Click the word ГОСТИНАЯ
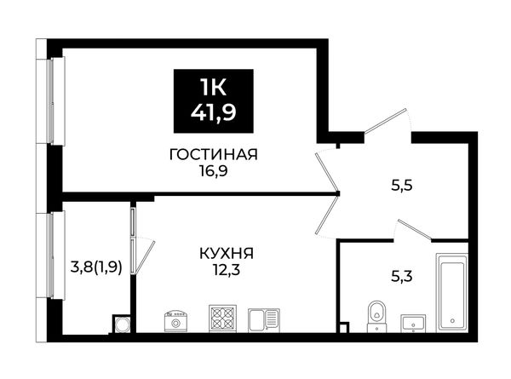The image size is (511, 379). (214, 154)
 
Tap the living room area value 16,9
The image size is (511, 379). (214, 170)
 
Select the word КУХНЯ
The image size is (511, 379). (227, 253)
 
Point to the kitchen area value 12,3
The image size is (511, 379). (227, 270)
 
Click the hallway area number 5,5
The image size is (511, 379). (402, 185)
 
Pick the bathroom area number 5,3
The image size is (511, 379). (402, 277)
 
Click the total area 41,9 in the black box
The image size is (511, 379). (214, 113)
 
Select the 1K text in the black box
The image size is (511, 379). (214, 88)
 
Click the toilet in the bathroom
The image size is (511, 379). (376, 316)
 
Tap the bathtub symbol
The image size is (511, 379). (452, 293)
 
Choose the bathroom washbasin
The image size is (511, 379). (413, 324)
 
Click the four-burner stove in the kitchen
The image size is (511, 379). (222, 319)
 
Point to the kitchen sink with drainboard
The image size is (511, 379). (264, 320)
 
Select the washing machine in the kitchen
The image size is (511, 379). (176, 321)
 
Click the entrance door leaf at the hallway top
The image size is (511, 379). (385, 121)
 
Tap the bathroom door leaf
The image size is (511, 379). (415, 231)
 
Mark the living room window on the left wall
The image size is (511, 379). (55, 101)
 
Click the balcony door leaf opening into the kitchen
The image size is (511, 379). (145, 257)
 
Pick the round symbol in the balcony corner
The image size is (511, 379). (123, 324)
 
